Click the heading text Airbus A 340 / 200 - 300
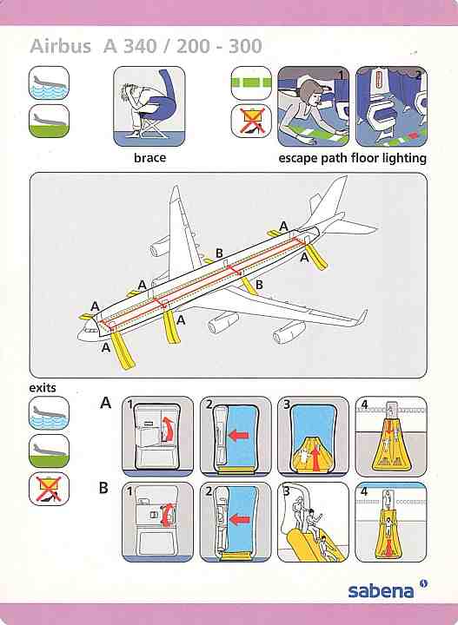(145, 48)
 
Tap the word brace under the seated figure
(149, 158)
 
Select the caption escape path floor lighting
(352, 158)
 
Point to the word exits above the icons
(43, 388)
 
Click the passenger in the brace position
(147, 104)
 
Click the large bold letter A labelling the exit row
(106, 403)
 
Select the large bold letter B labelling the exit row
(104, 488)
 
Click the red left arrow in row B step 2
(237, 520)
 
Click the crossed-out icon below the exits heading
(49, 490)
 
